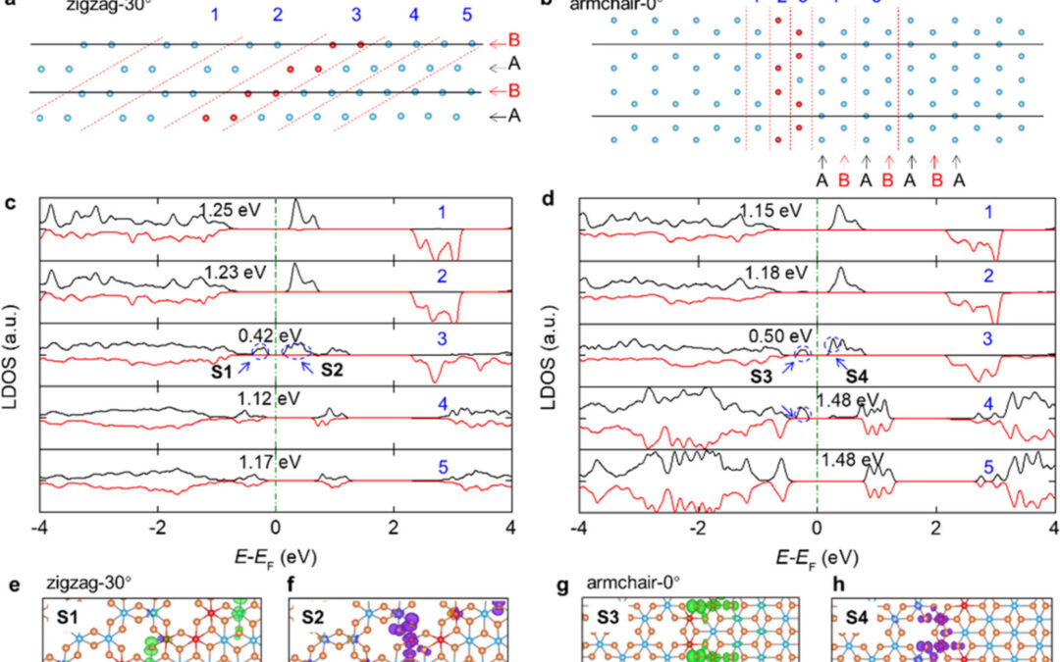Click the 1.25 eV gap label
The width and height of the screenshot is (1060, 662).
[x=228, y=208]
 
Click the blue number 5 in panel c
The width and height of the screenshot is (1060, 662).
[x=444, y=469]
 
